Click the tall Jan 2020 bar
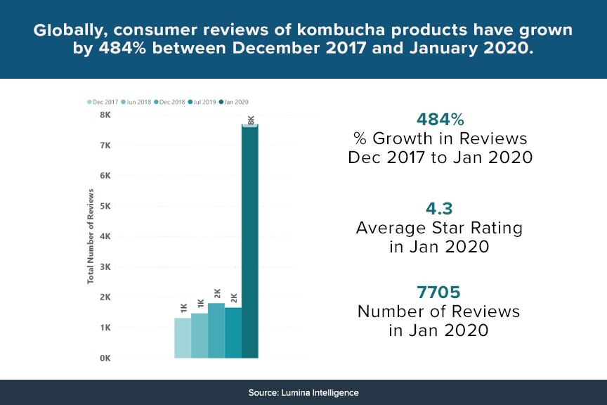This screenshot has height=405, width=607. click(x=250, y=239)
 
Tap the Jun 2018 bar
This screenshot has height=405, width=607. click(x=199, y=335)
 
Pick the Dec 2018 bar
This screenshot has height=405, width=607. click(x=216, y=330)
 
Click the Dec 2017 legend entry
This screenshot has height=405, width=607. click(x=103, y=102)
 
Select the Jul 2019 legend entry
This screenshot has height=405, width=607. click(x=204, y=102)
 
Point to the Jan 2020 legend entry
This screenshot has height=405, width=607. click(x=237, y=102)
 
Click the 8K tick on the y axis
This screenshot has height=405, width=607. click(x=105, y=115)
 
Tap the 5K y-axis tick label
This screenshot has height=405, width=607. click(x=105, y=206)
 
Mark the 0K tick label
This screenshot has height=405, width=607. click(x=105, y=359)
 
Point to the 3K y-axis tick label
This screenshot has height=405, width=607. click(x=105, y=267)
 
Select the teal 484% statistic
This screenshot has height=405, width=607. click(x=440, y=118)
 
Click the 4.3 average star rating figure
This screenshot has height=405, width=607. click(x=439, y=209)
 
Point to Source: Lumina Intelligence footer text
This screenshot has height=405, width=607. click(x=303, y=392)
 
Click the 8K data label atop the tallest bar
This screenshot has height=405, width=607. click(x=251, y=120)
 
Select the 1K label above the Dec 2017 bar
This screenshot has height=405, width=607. click(x=183, y=308)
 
